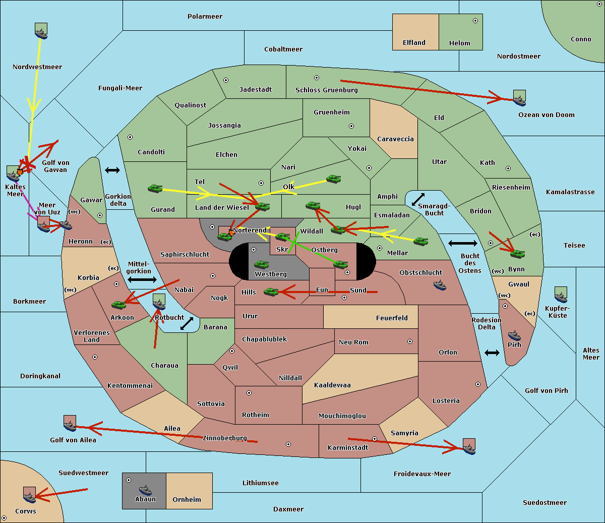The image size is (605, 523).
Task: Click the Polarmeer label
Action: (x=205, y=17)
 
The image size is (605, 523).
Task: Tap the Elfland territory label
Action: (x=414, y=43)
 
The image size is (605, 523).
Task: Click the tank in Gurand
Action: (x=155, y=188)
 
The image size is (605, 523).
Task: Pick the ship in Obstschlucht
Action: (x=440, y=285)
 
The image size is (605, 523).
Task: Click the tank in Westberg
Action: (x=261, y=265)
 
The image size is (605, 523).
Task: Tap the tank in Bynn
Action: (x=517, y=254)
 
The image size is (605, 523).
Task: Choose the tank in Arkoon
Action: (x=119, y=305)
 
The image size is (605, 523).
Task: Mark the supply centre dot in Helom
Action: (x=475, y=21)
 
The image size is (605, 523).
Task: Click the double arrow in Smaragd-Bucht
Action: (x=418, y=199)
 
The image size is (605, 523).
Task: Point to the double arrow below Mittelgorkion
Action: (x=142, y=279)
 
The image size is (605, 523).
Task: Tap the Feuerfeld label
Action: (x=392, y=318)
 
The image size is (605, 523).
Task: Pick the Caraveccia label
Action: (x=395, y=139)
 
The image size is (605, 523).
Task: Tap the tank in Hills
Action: (x=271, y=292)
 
